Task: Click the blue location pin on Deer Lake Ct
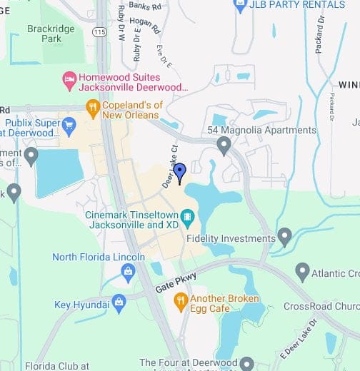pyautogui.click(x=180, y=172)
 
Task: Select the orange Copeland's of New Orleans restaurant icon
pyautogui.click(x=92, y=108)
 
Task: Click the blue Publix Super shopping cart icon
pyautogui.click(x=69, y=128)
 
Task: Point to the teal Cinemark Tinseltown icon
pyautogui.click(x=187, y=215)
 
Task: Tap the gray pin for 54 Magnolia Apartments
pyautogui.click(x=224, y=146)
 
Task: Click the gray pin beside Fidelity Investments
pyautogui.click(x=285, y=236)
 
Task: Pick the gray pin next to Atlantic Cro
pyautogui.click(x=303, y=272)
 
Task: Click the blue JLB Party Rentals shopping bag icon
pyautogui.click(x=240, y=6)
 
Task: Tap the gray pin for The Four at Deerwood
pyautogui.click(x=247, y=363)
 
